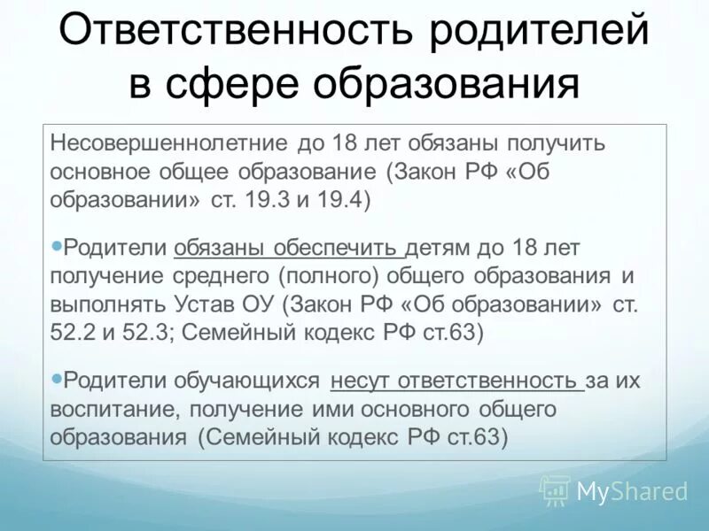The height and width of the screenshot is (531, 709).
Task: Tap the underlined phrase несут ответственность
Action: click(455, 381)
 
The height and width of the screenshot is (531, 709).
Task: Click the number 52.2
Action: click(74, 334)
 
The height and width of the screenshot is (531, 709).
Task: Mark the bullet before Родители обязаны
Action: click(58, 244)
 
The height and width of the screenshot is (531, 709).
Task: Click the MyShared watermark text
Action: click(632, 490)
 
